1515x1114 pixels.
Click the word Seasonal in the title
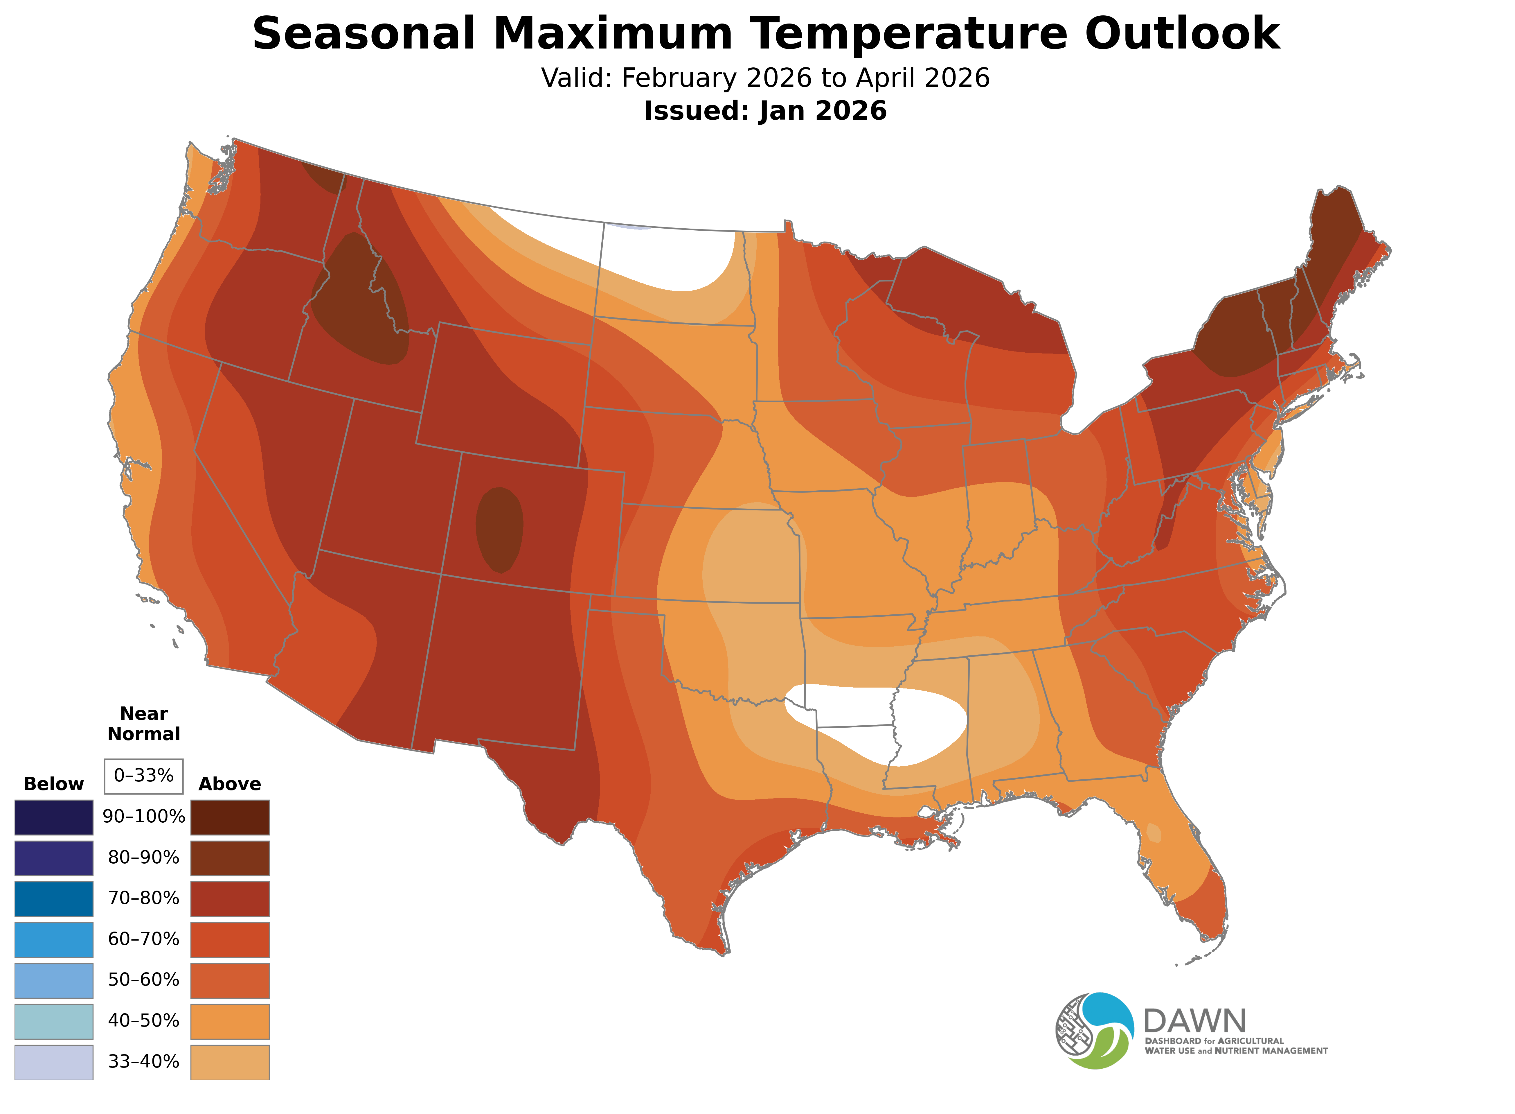tap(364, 34)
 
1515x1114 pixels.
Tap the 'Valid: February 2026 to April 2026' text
tap(765, 78)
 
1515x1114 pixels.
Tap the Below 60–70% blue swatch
tap(54, 939)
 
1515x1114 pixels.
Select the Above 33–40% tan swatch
tap(230, 1061)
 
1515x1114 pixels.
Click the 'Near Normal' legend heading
tap(143, 724)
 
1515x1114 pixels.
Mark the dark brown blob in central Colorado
tap(499, 529)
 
